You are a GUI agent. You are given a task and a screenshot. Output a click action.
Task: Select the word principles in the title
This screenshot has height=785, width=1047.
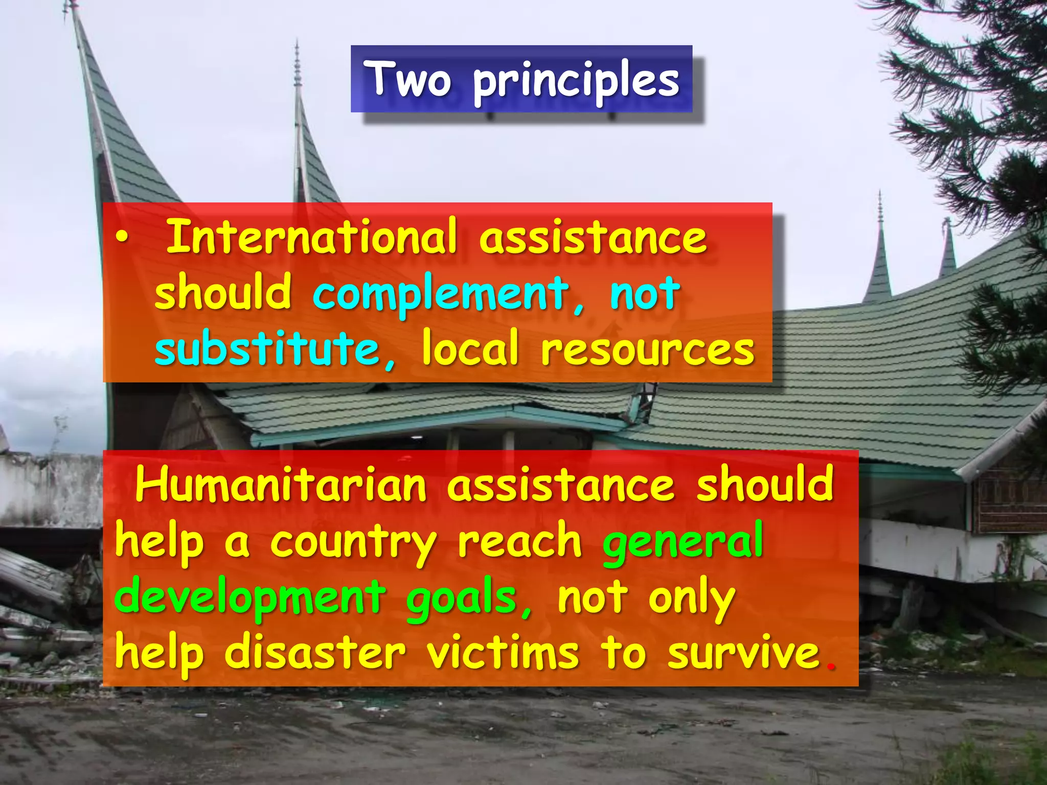click(x=576, y=82)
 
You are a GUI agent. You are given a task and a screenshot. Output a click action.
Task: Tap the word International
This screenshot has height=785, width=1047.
click(x=311, y=237)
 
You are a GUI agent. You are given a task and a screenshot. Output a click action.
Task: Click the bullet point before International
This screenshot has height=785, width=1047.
click(x=121, y=237)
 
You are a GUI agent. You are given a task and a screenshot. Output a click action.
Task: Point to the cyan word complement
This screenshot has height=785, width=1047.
click(x=441, y=294)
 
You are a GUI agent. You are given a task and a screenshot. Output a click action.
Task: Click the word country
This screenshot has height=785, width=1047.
click(x=353, y=544)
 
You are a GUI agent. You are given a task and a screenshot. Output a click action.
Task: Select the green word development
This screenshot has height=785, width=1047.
click(x=251, y=598)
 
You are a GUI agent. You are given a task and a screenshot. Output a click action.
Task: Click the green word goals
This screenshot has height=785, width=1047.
click(x=462, y=599)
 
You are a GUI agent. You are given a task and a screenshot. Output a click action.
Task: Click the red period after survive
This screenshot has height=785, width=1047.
click(x=831, y=666)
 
